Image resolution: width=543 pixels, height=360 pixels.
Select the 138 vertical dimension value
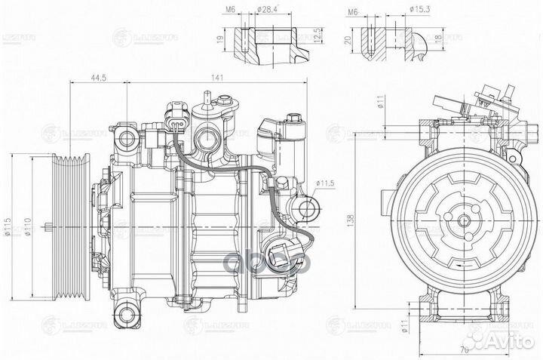coord(370,217)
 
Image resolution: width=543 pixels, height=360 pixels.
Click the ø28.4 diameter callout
coord(270,10)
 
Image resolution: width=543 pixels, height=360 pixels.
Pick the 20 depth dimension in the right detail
coord(346,41)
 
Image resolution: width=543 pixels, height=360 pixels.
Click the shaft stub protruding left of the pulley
coord(48,227)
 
